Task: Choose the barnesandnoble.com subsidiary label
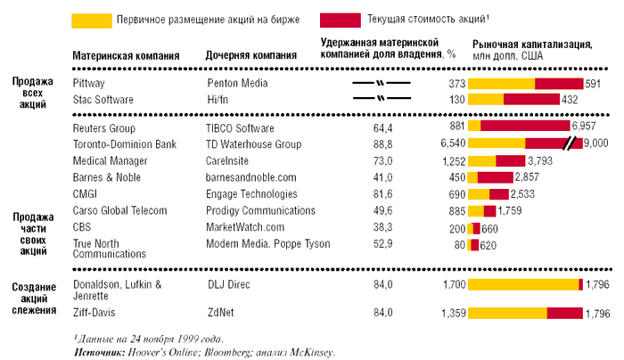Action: pyautogui.click(x=246, y=176)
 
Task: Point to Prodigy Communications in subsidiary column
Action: pyautogui.click(x=259, y=211)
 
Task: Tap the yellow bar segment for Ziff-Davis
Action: pyautogui.click(x=507, y=313)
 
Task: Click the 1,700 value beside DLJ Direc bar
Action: pyautogui.click(x=454, y=285)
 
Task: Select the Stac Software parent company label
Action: pyautogui.click(x=103, y=99)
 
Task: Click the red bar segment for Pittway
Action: pyautogui.click(x=557, y=83)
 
